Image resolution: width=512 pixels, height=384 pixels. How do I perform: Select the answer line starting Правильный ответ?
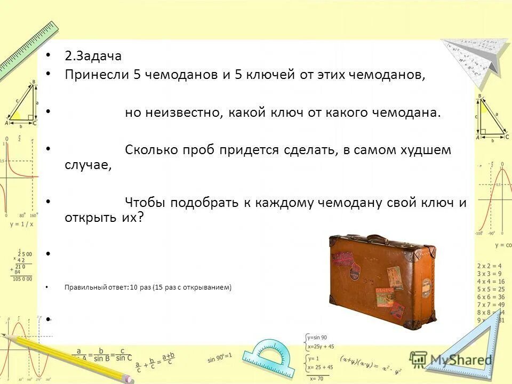pos(148,287)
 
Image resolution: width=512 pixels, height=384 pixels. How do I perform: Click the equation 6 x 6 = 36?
pos(491,297)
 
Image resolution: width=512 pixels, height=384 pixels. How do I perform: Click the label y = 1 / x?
pos(21,224)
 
